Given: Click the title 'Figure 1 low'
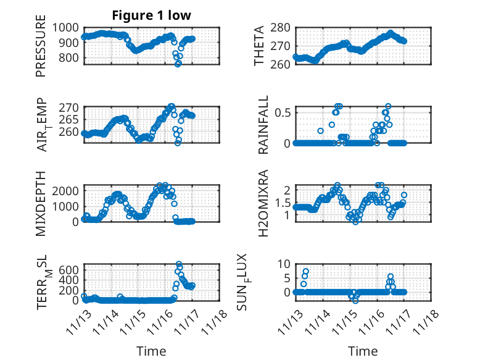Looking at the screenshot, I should pos(151,15).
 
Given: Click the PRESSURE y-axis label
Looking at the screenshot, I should pos(41,50).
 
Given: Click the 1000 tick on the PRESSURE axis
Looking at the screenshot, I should pos(66,27).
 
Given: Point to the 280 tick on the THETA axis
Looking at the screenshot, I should pos(281,27).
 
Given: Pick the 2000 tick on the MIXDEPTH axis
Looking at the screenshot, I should pos(66,191).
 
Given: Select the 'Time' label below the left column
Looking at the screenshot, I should pos(151,351).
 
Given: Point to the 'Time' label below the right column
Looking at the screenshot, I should pos(363,351).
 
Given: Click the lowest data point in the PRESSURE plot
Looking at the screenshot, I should pos(178,64).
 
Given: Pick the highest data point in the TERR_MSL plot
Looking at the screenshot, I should pos(179,265).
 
